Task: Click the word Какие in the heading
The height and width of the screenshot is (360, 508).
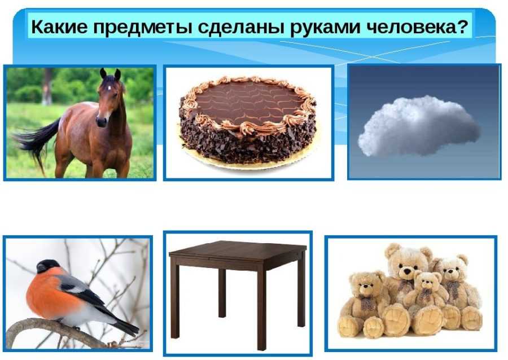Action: click(59, 27)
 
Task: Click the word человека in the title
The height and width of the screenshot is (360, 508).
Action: click(408, 27)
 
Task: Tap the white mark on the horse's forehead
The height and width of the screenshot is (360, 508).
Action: click(110, 87)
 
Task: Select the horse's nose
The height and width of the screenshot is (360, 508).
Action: click(102, 122)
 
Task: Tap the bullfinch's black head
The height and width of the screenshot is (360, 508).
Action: click(47, 266)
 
